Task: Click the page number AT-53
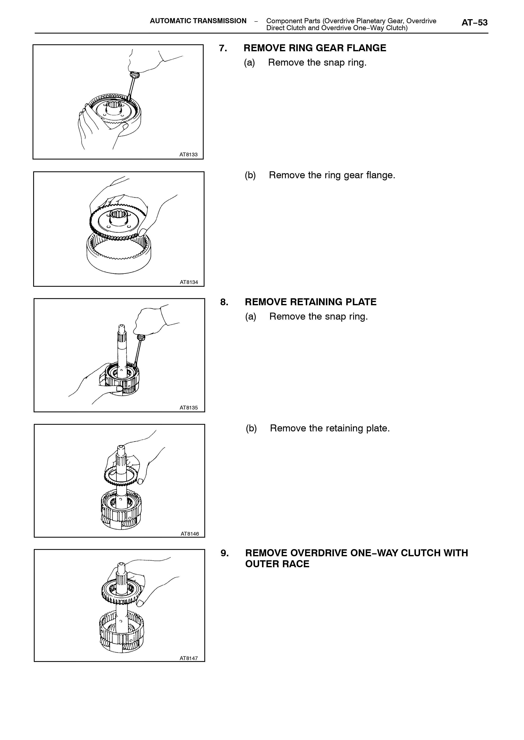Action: pos(474,23)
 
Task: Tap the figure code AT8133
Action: pos(188,155)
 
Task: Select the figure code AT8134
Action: pos(189,282)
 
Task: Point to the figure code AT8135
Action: pos(189,408)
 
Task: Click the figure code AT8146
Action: pos(190,534)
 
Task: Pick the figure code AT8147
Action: pos(189,658)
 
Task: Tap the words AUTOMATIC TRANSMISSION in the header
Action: pos(198,21)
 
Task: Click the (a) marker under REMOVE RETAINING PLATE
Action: pos(251,316)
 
